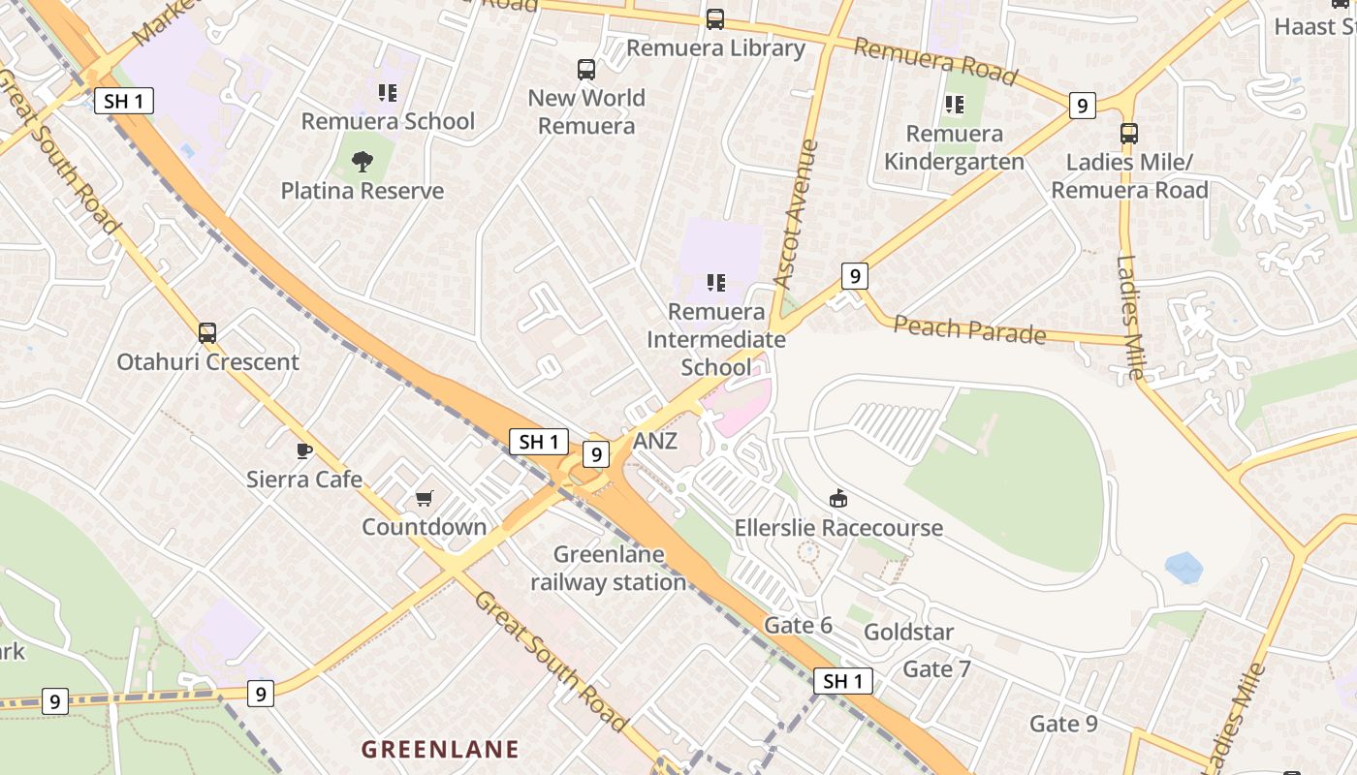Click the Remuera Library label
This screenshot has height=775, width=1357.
point(715,48)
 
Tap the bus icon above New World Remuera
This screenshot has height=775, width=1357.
point(586,70)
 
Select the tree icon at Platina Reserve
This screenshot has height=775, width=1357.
point(363,162)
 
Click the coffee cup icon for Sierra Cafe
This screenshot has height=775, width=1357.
point(304,450)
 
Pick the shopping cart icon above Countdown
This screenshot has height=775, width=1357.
point(425,499)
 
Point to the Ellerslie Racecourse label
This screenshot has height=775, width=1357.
point(838,528)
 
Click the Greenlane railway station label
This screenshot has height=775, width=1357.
point(609,569)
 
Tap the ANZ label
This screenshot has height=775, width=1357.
point(655,442)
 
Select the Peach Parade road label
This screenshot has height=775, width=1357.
point(969,329)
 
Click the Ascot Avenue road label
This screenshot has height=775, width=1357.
point(797,213)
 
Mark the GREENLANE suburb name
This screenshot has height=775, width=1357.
point(440,749)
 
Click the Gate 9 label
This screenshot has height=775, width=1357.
point(1063,724)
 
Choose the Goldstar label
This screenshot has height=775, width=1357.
point(908,633)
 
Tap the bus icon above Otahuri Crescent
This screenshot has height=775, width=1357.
point(207,333)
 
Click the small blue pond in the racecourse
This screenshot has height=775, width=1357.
point(1183,567)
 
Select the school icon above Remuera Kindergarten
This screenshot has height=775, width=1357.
point(955,104)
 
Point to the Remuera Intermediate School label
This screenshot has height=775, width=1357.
point(715,339)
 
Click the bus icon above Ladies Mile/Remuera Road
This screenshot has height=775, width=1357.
point(1129,134)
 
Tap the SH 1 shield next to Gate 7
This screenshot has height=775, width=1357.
point(842,681)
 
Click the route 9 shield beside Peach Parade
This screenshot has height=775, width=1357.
point(854,277)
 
